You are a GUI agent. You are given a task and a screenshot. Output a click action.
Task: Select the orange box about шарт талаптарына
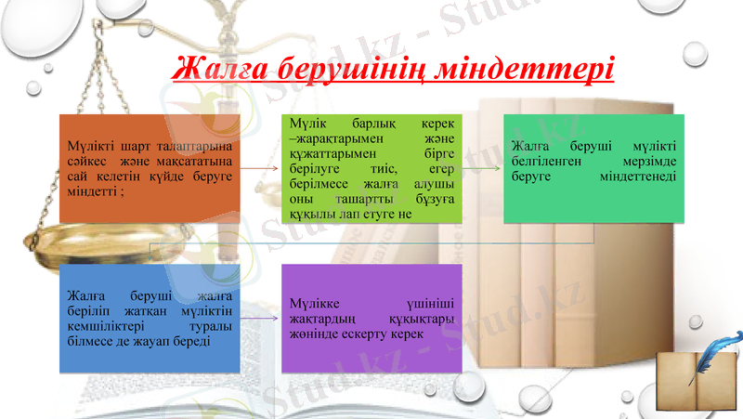pos(150,168)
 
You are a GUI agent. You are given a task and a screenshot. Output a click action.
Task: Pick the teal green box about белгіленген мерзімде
pos(593,168)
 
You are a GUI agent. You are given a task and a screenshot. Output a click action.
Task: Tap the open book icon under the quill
pos(691,383)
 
